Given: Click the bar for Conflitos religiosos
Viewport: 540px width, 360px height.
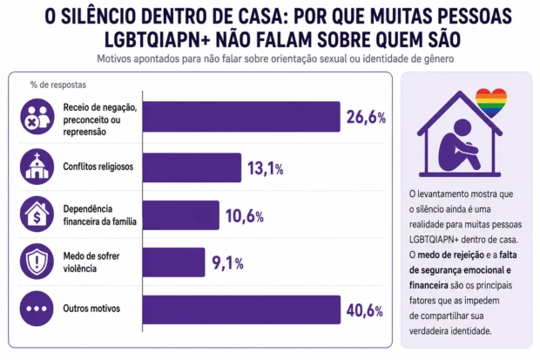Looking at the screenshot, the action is coord(192,167).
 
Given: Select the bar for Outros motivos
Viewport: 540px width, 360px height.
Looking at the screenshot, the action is coord(241,309).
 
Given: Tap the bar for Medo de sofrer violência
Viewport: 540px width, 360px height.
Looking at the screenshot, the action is coord(173,262).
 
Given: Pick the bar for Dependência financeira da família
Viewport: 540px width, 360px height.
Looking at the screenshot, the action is coord(181,215).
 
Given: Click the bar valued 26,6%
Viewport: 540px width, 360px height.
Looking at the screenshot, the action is coord(241,117).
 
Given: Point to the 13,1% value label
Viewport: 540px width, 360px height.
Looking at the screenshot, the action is coord(265,168).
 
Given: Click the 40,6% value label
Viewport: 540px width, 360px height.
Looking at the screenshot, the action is coord(364,310).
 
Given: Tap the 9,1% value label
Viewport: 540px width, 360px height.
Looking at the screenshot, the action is coord(227,263).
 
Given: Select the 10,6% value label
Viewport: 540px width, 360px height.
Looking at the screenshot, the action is coord(245,216).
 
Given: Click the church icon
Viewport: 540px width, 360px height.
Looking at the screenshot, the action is coord(37,167).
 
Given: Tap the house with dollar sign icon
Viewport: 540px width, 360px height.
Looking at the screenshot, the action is coord(37,214).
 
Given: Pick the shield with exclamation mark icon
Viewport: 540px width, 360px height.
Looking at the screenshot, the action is coord(37,262).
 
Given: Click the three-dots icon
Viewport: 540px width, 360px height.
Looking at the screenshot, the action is coord(37,309).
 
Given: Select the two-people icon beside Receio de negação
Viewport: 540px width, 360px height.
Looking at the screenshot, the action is coord(37,117).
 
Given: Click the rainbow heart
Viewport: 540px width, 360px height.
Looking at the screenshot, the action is coord(490,102).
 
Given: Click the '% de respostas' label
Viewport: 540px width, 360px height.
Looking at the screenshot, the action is coord(58,85).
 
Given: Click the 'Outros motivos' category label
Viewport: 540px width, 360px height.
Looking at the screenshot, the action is coord(91,309).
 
